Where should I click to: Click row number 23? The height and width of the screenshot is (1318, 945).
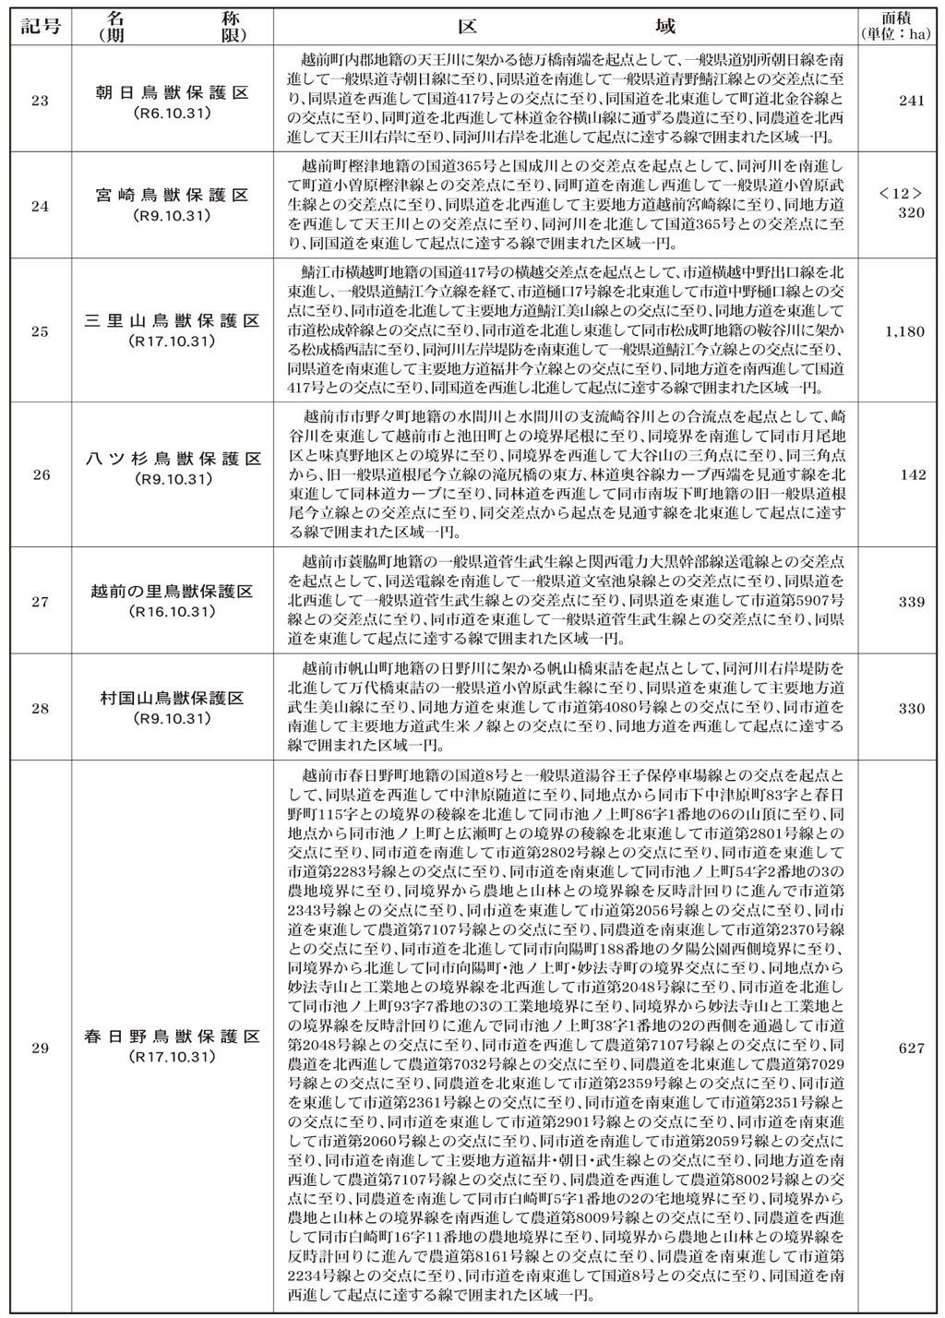[x=40, y=100]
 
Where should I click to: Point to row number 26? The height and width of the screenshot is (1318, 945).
[x=40, y=475]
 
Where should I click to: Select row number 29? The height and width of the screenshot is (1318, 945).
[x=40, y=1047]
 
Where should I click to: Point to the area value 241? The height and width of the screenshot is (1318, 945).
[x=911, y=100]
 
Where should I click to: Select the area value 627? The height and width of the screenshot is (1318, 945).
[x=911, y=1047]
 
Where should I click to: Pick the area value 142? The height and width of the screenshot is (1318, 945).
[x=911, y=475]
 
